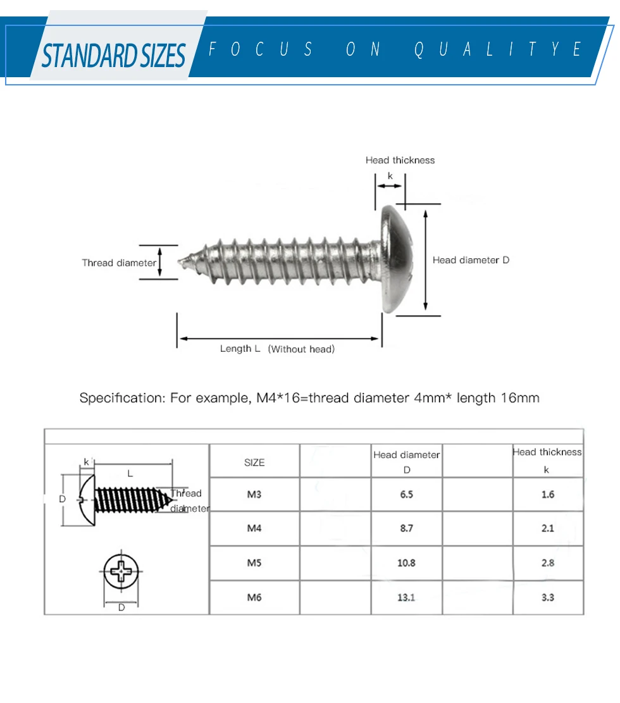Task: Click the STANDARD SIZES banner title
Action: pyautogui.click(x=114, y=55)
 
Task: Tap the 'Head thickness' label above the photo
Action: pyautogui.click(x=400, y=160)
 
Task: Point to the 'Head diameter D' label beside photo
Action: pyautogui.click(x=471, y=260)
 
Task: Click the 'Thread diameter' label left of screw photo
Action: pyautogui.click(x=119, y=263)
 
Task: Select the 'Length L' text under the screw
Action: pyautogui.click(x=240, y=349)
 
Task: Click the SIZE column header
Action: pyautogui.click(x=254, y=463)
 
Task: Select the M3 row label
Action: pyautogui.click(x=254, y=494)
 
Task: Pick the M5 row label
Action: pyautogui.click(x=254, y=563)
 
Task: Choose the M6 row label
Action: pyautogui.click(x=254, y=597)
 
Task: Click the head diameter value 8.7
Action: pyautogui.click(x=406, y=528)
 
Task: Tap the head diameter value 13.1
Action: pyautogui.click(x=406, y=597)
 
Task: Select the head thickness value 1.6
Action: pyautogui.click(x=548, y=494)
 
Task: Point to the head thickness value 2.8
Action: pyautogui.click(x=548, y=563)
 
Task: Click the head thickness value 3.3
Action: pyautogui.click(x=548, y=597)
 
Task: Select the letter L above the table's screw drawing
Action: pyautogui.click(x=130, y=473)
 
